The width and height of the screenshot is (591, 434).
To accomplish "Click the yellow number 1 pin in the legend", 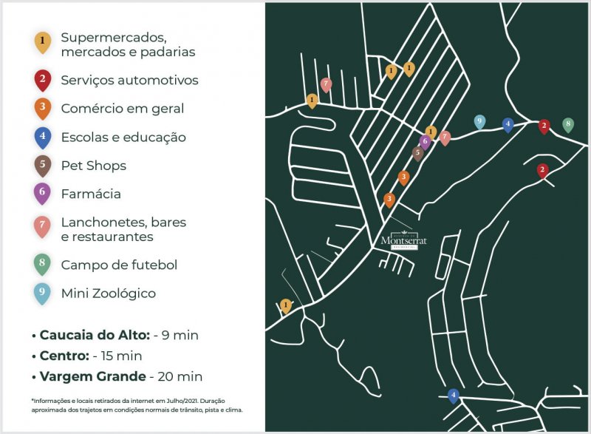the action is tap(43, 42).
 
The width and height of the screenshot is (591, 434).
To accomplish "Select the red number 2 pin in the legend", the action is tap(43, 79).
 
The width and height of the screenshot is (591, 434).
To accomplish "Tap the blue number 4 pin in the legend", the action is tap(43, 137).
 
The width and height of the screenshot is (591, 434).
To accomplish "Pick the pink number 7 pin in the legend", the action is tap(43, 228).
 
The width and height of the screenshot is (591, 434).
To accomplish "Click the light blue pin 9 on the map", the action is tap(479, 122).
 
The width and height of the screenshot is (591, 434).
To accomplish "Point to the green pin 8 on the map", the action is tap(567, 125).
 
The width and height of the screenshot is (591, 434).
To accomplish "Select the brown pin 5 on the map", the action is tap(417, 153).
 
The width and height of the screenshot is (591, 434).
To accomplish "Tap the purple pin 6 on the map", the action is tap(425, 141).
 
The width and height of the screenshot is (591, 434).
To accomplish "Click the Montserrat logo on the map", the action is tap(399, 241).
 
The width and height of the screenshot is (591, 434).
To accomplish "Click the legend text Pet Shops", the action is tap(93, 166).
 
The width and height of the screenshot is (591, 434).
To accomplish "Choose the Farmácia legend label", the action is tap(91, 194).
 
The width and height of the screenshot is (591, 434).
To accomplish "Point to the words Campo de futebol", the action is tap(119, 265).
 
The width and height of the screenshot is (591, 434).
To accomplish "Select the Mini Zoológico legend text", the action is tap(108, 294).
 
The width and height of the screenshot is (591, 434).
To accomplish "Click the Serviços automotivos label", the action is tap(129, 80).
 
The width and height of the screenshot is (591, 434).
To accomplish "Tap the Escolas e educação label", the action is tap(123, 137).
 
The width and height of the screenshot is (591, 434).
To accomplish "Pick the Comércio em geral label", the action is tap(123, 109).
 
